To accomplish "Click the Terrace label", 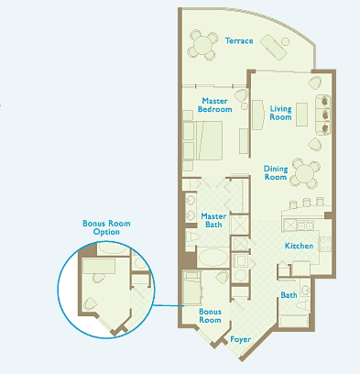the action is pyautogui.click(x=239, y=41).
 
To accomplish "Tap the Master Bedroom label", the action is pyautogui.click(x=215, y=105).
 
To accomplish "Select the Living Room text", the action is pyautogui.click(x=280, y=113).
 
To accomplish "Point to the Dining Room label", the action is pyautogui.click(x=276, y=172).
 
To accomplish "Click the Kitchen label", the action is pyautogui.click(x=299, y=246).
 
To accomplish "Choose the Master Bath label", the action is pyautogui.click(x=213, y=220).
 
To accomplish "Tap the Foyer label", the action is pyautogui.click(x=241, y=339).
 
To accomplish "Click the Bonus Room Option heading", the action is pyautogui.click(x=106, y=227).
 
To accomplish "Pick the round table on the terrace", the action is pyautogui.click(x=202, y=45).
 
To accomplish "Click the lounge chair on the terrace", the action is pyautogui.click(x=274, y=47).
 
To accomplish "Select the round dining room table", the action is pyautogui.click(x=304, y=173).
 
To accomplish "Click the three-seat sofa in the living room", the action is pyautogui.click(x=322, y=115).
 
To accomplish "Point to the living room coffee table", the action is pyautogui.click(x=301, y=115).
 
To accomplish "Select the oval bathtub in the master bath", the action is pyautogui.click(x=213, y=258).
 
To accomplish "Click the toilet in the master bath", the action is pyautogui.click(x=193, y=236).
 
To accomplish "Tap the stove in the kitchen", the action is pyautogui.click(x=325, y=245).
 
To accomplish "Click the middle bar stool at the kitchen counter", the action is pyautogui.click(x=306, y=203).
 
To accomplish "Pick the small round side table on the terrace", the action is pyautogui.click(x=285, y=41).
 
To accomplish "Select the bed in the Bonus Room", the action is pyautogui.click(x=192, y=288).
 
